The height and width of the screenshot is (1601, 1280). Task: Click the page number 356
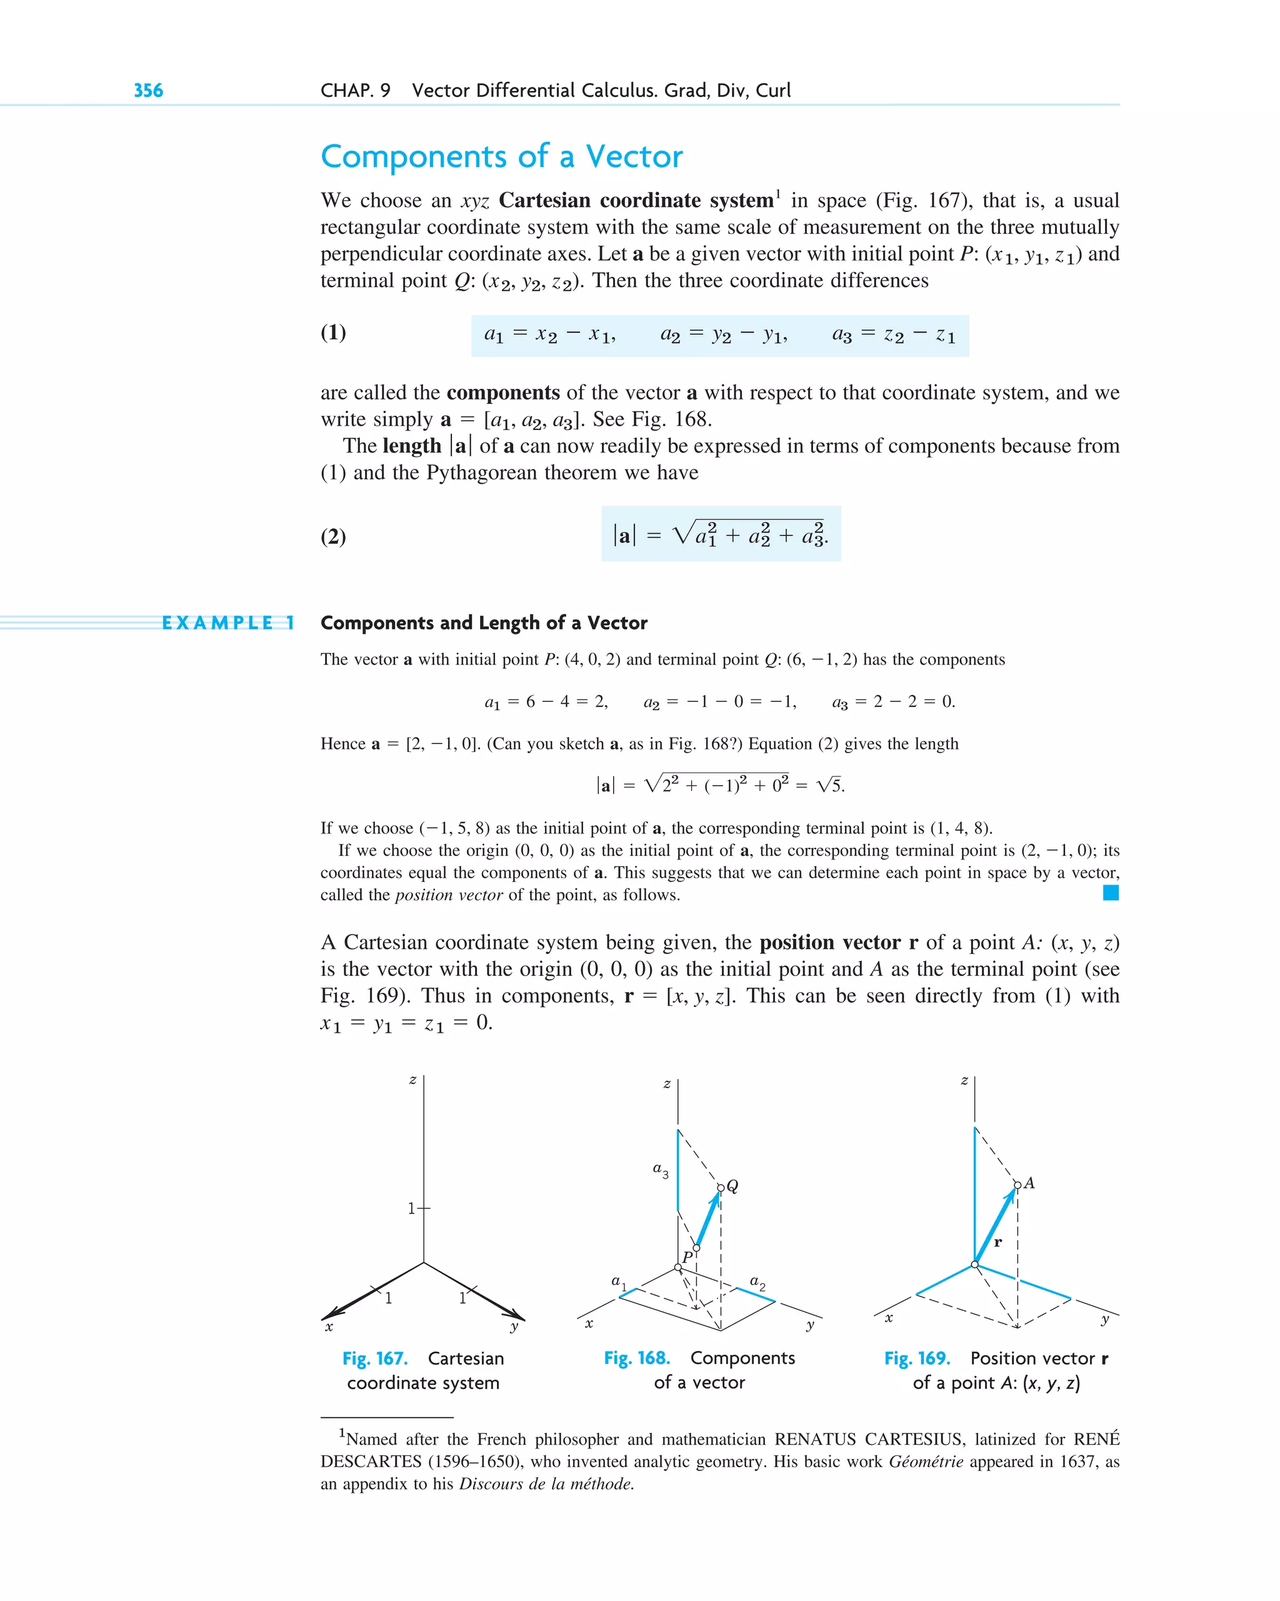[x=149, y=91]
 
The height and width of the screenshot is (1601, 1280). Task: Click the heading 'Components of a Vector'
[x=501, y=157]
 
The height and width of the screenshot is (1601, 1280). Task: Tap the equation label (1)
[x=333, y=332]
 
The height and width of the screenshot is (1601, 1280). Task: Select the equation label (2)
[x=333, y=536]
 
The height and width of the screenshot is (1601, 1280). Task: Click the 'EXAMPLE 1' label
[x=229, y=623]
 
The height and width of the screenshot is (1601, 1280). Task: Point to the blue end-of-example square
[x=1111, y=893]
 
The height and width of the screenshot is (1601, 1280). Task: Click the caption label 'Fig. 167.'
[x=375, y=1358]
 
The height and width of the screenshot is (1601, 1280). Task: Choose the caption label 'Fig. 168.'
[x=637, y=1357]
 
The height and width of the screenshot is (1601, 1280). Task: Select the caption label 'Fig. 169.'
[x=917, y=1358]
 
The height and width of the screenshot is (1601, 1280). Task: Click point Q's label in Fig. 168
[x=732, y=1186]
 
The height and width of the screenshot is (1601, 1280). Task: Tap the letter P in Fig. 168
[x=687, y=1257]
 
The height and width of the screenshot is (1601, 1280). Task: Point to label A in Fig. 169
[x=1029, y=1183]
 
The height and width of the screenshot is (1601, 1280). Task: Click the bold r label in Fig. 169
[x=998, y=1242]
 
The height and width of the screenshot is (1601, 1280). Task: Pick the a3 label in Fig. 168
[x=660, y=1170]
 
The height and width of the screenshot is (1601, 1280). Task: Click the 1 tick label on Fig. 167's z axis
[x=411, y=1208]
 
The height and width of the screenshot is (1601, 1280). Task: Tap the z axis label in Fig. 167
[x=412, y=1080]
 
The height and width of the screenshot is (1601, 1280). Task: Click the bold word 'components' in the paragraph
[x=503, y=392]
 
